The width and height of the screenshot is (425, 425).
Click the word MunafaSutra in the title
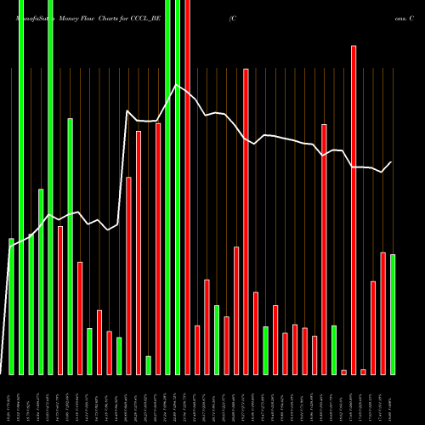pyautogui.click(x=26, y=16)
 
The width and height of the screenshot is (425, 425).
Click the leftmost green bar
pyautogui.click(x=11, y=306)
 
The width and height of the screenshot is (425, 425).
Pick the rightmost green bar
pyautogui.click(x=393, y=314)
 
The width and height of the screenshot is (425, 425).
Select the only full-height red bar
pyautogui.click(x=187, y=187)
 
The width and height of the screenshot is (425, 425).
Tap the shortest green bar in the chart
pyautogui.click(x=148, y=365)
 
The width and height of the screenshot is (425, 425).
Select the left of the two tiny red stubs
pyautogui.click(x=344, y=371)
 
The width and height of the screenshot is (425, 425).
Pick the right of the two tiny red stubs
pyautogui.click(x=363, y=371)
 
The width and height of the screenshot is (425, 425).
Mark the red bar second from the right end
pyautogui.click(x=373, y=327)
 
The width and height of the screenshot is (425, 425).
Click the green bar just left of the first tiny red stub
pyautogui.click(x=334, y=349)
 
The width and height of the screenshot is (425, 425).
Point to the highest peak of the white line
pyautogui.click(x=177, y=85)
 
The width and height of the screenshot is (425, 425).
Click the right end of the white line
pyautogui.click(x=392, y=162)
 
